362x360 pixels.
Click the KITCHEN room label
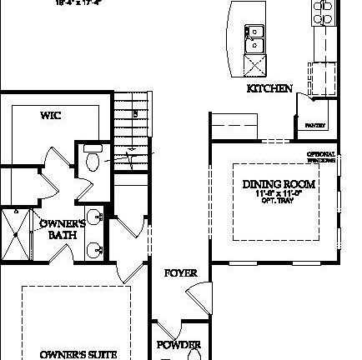pos(269,88)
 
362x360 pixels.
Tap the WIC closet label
pos(50,116)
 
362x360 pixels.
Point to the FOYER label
pos(180,272)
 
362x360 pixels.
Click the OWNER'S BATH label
pos(63,229)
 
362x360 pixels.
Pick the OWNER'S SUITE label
pos(73,354)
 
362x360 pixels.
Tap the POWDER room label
pos(178,345)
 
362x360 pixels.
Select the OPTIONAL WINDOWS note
pos(321,157)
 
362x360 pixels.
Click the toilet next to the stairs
pos(92,157)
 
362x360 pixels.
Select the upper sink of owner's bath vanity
pos(94,218)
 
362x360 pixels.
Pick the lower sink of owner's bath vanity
pos(94,247)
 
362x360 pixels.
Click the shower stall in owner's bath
pos(14,235)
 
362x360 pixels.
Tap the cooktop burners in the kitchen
pos(321,11)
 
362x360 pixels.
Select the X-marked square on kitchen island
pos(254,64)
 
